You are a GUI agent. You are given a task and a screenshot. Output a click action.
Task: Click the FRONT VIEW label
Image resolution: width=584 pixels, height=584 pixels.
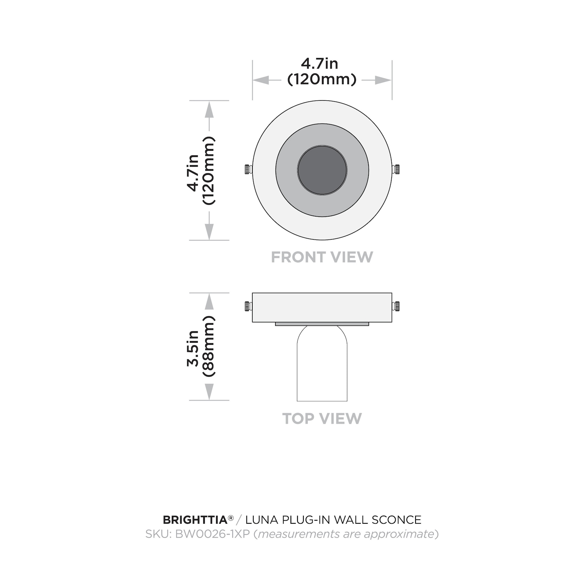click(x=322, y=257)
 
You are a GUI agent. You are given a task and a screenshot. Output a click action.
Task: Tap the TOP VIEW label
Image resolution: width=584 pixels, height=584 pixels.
click(x=322, y=419)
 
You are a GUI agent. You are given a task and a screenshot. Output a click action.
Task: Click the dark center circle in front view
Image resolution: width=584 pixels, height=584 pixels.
click(x=322, y=170)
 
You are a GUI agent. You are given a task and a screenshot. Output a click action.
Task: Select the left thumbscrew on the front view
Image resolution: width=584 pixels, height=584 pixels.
click(x=248, y=170)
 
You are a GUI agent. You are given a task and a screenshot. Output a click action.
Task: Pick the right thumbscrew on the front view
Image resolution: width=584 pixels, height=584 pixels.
click(x=396, y=170)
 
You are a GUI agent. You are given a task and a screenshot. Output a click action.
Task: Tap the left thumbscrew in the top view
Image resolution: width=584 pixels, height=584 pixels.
click(x=248, y=306)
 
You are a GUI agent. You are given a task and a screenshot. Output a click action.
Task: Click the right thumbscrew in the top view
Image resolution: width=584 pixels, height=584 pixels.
click(x=396, y=306)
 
